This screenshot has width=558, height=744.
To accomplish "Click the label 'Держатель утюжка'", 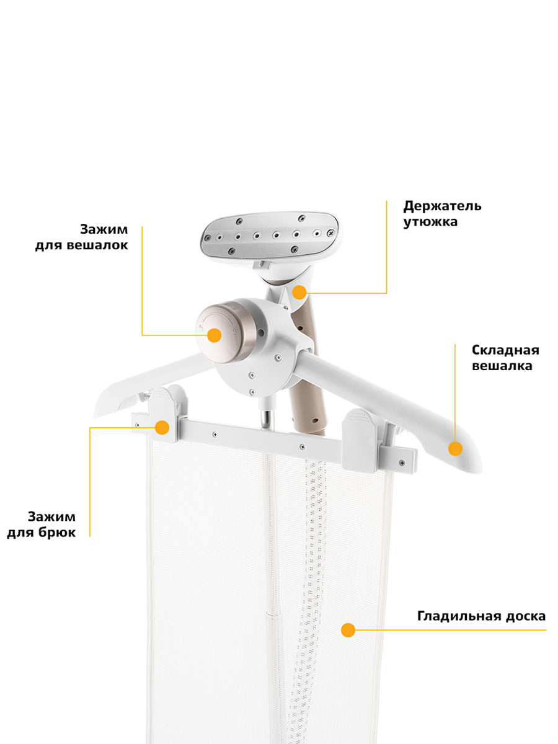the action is [x=442, y=214].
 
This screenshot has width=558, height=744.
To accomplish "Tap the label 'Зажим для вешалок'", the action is [x=82, y=237].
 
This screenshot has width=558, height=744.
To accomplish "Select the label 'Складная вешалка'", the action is [x=505, y=358].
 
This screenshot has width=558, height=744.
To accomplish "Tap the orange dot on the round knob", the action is [x=214, y=335].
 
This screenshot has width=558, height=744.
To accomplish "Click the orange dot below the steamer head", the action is [x=299, y=292].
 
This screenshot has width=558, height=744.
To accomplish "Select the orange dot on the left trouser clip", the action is [x=162, y=427].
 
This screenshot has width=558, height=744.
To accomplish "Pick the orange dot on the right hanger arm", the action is [x=455, y=449].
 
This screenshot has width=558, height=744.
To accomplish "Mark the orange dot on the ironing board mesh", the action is [x=348, y=630].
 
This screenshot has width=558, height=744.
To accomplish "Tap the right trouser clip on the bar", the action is [x=360, y=440].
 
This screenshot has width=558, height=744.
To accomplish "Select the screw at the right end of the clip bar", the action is [x=402, y=463].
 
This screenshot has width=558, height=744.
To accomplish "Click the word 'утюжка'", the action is [x=430, y=222].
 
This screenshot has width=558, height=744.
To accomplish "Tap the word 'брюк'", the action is [x=57, y=533].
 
